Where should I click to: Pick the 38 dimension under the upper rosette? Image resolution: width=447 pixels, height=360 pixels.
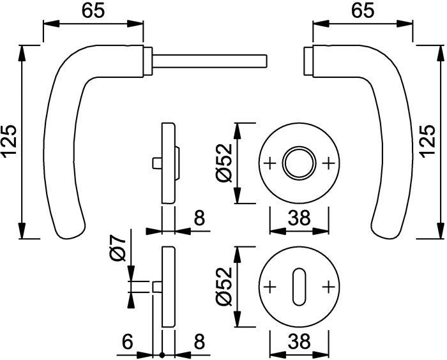[x=299, y=219]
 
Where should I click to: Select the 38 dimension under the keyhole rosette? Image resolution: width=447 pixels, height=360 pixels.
[x=299, y=343]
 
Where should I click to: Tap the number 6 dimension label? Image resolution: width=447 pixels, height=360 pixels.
[x=128, y=343]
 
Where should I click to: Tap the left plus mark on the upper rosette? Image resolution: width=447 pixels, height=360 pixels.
[x=269, y=163]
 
